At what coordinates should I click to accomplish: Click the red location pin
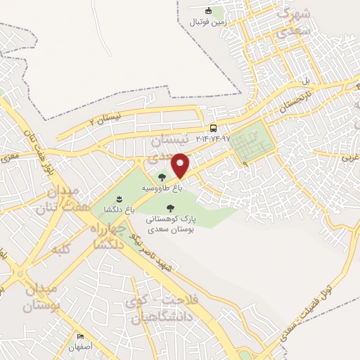point(181,165)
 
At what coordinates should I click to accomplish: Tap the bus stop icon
point(212,128)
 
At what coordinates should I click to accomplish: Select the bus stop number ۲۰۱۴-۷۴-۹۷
point(209,139)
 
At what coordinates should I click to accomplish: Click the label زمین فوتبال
point(207,22)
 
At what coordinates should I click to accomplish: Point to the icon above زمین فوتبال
point(208,11)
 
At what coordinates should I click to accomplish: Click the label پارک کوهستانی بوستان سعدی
point(169,224)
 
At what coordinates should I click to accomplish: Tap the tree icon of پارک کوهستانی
point(169,207)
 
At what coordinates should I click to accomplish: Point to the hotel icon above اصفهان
point(80,337)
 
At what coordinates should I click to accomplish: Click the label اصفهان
point(80,347)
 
